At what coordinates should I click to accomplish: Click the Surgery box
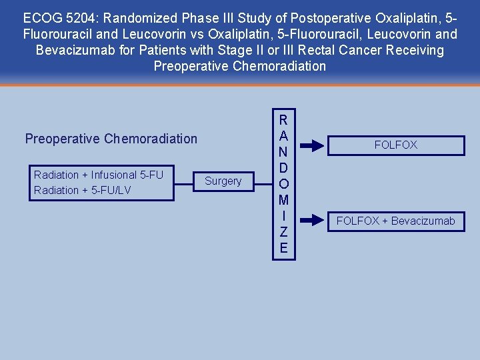[223, 181]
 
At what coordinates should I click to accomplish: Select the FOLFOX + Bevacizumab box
[395, 221]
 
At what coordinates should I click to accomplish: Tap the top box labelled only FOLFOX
[395, 145]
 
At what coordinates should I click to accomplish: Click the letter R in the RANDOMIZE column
[283, 121]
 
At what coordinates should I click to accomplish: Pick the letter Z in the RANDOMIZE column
[283, 232]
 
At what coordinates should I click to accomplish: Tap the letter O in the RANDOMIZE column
[283, 184]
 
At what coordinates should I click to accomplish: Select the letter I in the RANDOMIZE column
[283, 216]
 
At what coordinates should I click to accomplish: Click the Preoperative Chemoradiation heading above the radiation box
[111, 139]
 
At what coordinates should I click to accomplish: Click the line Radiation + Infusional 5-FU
[99, 175]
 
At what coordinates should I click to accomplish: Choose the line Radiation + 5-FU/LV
[83, 191]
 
